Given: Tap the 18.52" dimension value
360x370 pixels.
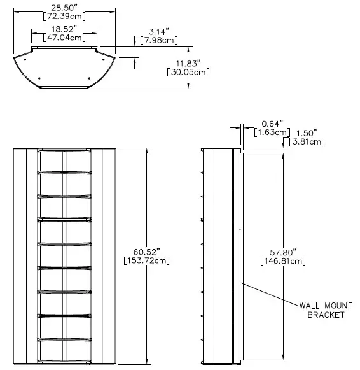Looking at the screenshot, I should point(64,29).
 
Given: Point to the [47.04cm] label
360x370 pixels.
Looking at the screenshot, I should point(64,38).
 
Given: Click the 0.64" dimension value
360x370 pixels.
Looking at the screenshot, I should point(272,124).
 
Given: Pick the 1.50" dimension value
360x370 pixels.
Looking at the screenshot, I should point(306,133).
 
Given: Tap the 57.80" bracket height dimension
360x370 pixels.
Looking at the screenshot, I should point(283,252).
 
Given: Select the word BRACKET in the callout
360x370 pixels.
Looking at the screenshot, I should point(326,315).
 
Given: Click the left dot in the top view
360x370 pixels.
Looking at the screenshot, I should point(40,78).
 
